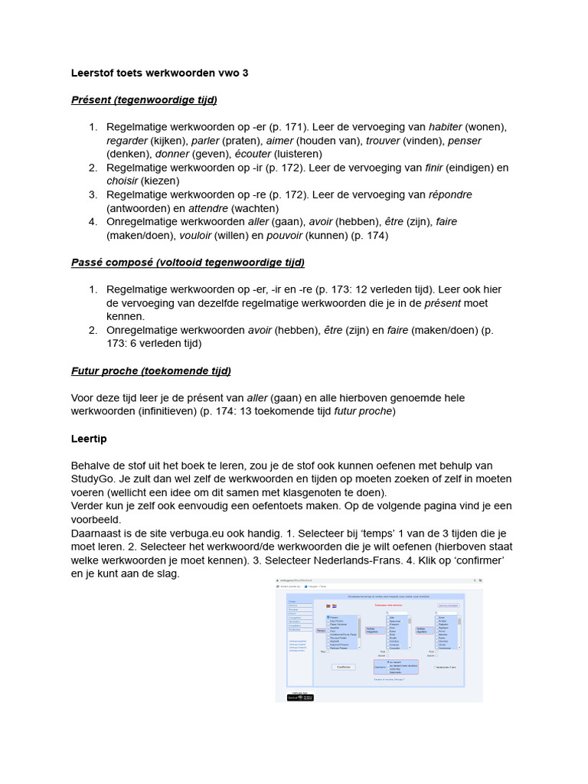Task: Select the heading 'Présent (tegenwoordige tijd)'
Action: (144, 100)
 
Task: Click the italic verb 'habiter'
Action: (445, 127)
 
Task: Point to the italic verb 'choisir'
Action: (122, 181)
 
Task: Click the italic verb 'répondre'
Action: (450, 194)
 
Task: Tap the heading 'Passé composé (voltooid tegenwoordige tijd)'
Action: (188, 263)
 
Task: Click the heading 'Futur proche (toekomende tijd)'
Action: (151, 371)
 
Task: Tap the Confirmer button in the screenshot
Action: (344, 667)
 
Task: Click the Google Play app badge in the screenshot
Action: (300, 697)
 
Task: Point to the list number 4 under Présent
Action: (92, 222)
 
